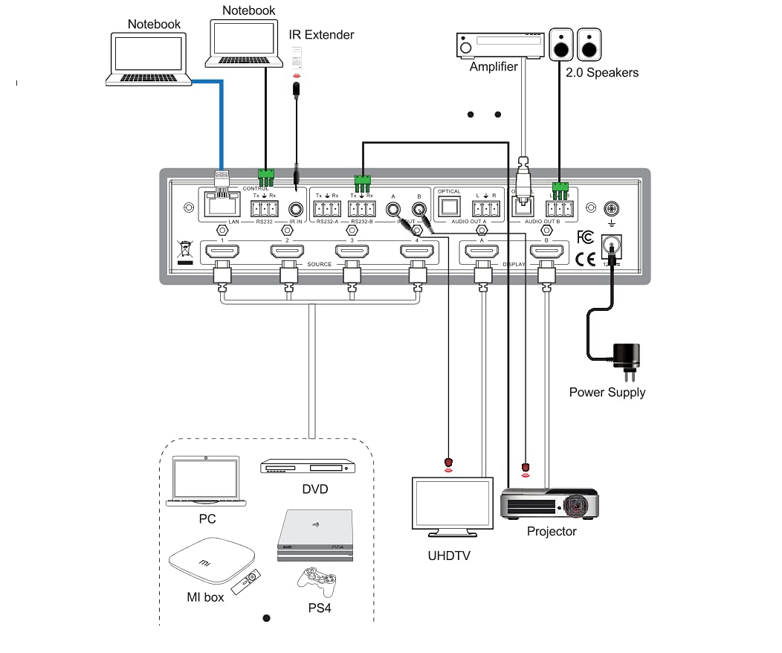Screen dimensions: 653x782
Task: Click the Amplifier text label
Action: [494, 67]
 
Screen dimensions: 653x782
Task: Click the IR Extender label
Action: [321, 35]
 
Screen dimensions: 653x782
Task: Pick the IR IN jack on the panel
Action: [297, 210]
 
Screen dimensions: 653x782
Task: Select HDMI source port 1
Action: [222, 253]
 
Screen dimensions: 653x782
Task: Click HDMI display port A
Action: [482, 253]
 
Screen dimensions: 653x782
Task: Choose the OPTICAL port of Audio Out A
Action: [449, 209]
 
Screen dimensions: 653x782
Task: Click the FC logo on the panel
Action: [586, 238]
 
